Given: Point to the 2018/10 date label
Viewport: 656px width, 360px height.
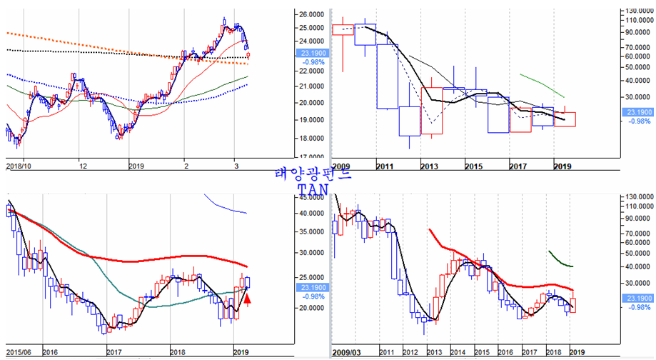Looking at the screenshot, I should (x=21, y=166).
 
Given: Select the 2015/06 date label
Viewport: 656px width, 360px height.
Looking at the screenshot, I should (x=19, y=352).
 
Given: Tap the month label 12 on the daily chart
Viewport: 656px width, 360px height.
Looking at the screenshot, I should (x=84, y=166).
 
